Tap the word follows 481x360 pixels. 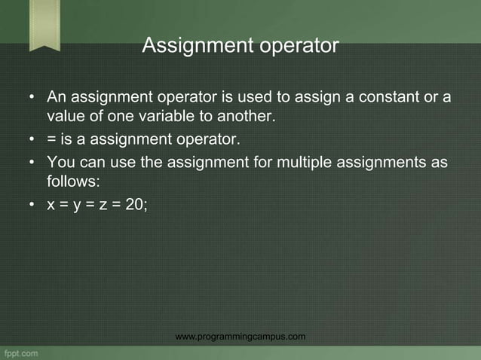[x=71, y=182]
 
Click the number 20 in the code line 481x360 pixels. [x=133, y=201]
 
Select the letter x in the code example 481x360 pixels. [x=51, y=201]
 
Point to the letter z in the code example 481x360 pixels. [x=103, y=201]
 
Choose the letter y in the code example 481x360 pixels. [x=77, y=202]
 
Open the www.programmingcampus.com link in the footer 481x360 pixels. [x=240, y=336]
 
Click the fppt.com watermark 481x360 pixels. [x=20, y=352]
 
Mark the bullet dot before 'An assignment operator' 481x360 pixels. [x=31, y=99]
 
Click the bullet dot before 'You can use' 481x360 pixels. [x=31, y=163]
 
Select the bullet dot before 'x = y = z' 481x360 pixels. [x=31, y=202]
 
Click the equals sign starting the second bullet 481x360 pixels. [x=51, y=139]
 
